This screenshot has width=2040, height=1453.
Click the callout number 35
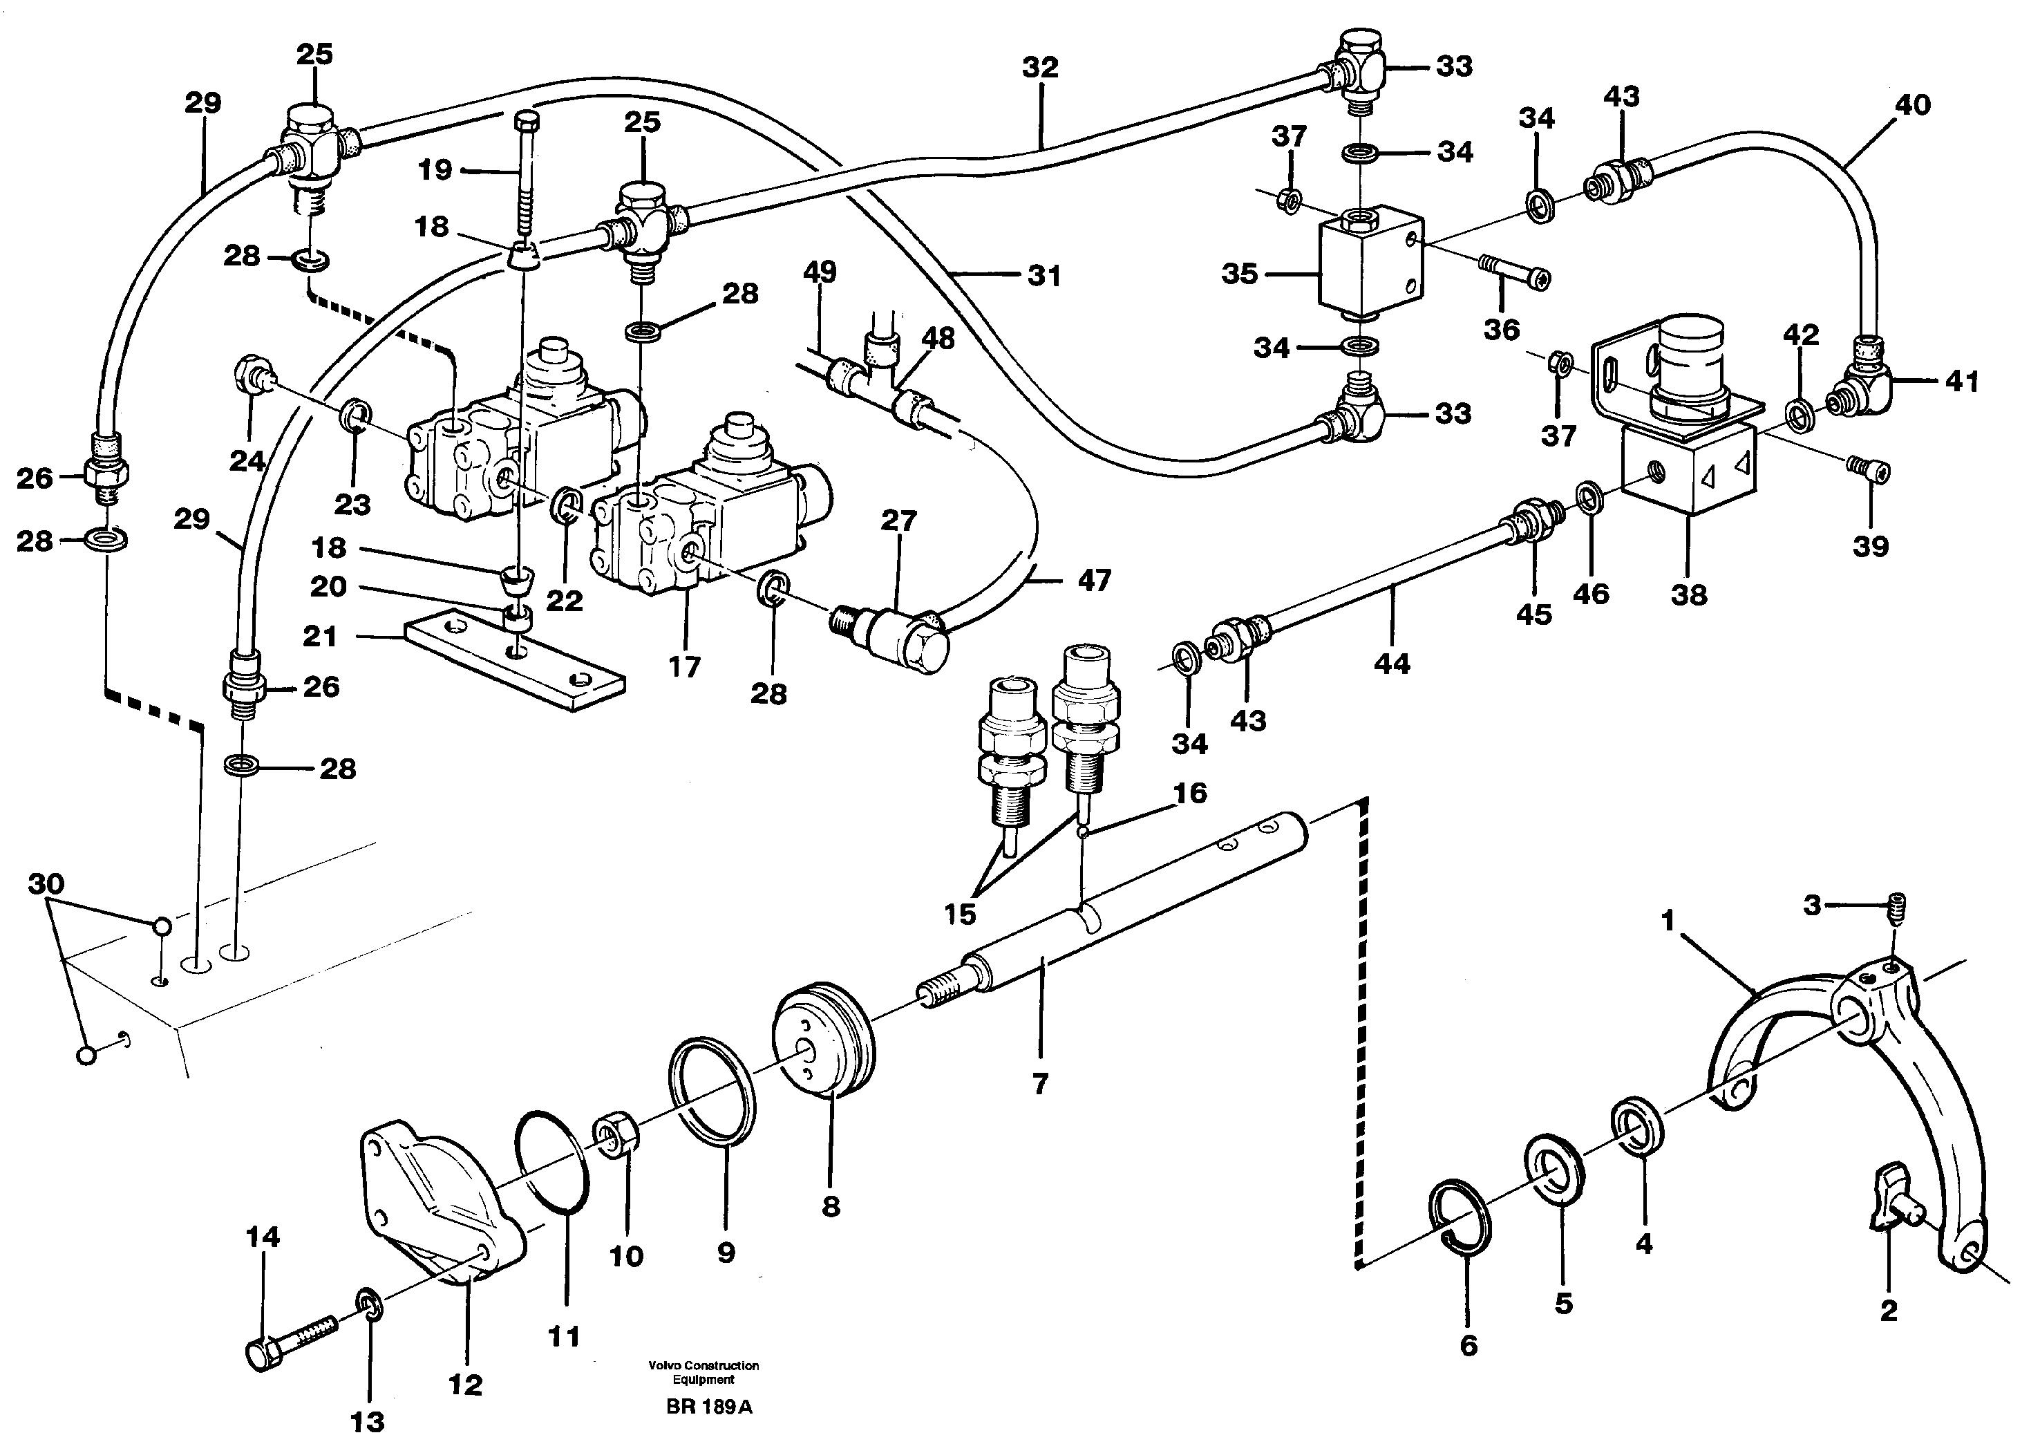[x=1240, y=274]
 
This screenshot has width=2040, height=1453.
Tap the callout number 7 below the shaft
[x=1039, y=1085]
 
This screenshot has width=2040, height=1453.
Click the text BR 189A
[x=708, y=1407]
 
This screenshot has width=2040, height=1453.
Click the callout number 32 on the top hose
[x=1040, y=67]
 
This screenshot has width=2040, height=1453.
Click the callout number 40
[x=1913, y=106]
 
